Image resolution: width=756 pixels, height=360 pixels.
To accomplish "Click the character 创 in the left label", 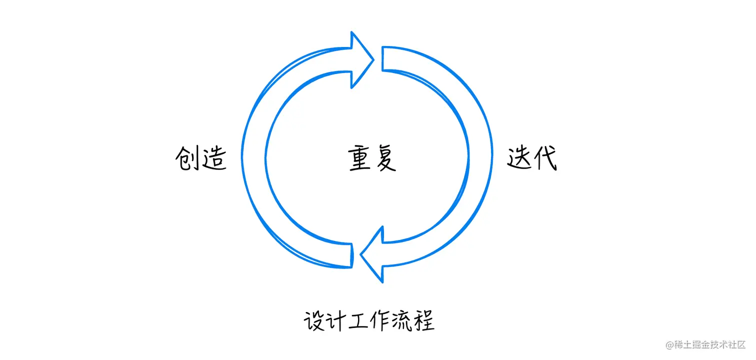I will (188, 159).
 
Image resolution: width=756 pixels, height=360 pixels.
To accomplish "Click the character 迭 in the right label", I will (519, 159).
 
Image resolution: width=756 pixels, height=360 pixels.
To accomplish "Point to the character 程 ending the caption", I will (423, 320).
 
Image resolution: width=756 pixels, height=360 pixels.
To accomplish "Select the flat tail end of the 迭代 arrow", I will (383, 59).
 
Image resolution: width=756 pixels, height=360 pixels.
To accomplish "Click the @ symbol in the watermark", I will (669, 345).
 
